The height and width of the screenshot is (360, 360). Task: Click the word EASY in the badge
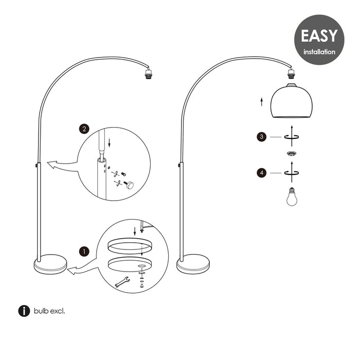tap(319, 36)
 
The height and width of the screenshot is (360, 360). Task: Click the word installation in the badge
tap(319, 52)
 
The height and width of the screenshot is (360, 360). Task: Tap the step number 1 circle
tap(84, 251)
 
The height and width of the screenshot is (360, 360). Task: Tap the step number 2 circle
tap(84, 129)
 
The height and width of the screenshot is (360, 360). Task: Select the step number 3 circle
tap(261, 137)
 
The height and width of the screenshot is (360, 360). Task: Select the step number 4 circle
tap(262, 173)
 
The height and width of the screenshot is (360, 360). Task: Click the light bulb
tap(292, 196)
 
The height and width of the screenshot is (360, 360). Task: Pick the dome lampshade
tap(292, 101)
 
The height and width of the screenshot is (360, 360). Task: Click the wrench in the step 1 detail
tap(122, 282)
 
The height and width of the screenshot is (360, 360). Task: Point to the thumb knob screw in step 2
tap(129, 185)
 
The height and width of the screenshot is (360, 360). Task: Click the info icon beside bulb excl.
tap(24, 311)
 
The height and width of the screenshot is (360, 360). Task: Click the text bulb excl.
tap(49, 311)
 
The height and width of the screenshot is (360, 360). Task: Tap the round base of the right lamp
tap(193, 264)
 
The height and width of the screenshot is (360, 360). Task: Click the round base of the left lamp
tap(50, 264)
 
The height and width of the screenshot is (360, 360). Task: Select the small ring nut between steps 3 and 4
tap(292, 154)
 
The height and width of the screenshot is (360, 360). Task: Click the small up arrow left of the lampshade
tap(261, 102)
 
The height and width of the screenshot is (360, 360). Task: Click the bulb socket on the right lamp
tap(292, 73)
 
